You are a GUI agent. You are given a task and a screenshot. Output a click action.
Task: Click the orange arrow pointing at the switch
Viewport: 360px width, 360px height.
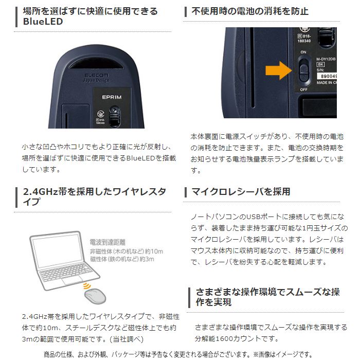[x=278, y=71]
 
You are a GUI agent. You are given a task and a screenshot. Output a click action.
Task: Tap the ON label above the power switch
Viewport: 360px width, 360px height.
[x=303, y=52]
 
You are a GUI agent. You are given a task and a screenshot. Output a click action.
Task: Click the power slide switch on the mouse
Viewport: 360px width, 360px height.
[x=304, y=70]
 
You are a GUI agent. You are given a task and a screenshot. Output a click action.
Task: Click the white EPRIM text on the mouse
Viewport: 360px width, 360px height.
[x=111, y=96]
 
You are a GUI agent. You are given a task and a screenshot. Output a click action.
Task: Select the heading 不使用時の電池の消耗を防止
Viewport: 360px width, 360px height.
[x=250, y=11]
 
